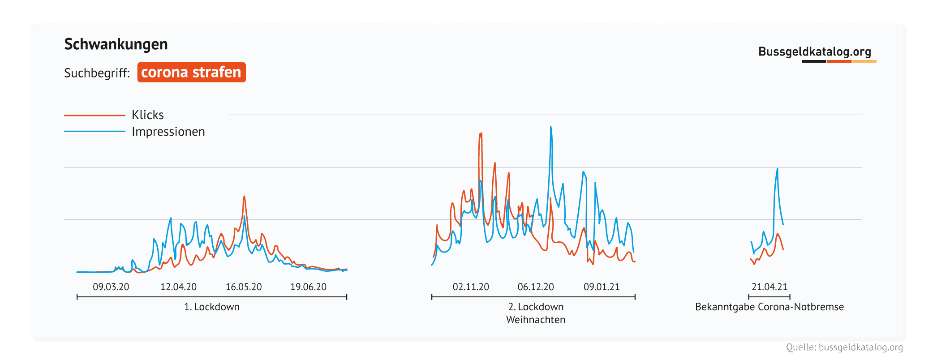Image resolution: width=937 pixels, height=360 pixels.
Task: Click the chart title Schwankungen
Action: point(116,44)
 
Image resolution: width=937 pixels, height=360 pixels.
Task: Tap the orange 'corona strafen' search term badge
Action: point(191,72)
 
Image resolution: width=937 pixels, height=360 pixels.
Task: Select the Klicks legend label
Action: point(147,115)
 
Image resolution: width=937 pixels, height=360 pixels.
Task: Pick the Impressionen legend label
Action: point(168,132)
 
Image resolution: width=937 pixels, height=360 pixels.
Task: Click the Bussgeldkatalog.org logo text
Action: point(814,52)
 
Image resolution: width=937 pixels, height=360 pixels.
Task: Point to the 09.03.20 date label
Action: point(111,287)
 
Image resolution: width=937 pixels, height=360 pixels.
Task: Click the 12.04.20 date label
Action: point(178,287)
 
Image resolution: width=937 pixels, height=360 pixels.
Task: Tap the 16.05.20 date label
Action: point(243,287)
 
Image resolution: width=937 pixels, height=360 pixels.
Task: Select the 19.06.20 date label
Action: point(308,287)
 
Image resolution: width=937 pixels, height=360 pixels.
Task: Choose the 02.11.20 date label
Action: point(471,287)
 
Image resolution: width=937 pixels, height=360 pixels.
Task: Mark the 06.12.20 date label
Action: point(536,287)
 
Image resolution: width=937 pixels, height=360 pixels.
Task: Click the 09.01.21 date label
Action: point(602,287)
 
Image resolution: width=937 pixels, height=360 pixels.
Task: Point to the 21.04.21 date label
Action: point(769,287)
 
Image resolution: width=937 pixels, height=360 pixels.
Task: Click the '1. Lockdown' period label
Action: point(212,307)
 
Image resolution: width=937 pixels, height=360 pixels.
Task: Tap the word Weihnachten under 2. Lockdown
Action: point(536,320)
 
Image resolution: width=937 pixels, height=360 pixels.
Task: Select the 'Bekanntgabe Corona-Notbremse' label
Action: point(769,307)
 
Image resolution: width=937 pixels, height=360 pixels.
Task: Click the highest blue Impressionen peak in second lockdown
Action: point(551,127)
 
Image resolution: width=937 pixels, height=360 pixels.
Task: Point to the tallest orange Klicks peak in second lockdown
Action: point(481,133)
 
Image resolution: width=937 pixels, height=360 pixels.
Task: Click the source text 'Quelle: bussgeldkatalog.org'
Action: point(844,347)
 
